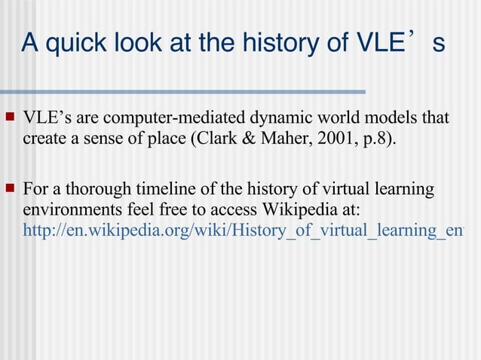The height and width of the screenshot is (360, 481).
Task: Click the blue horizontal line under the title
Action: coord(188,93)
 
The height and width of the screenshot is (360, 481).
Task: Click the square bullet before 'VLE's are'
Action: coord(11,117)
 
